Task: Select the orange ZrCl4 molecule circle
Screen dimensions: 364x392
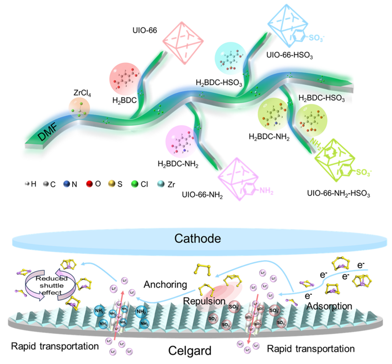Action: point(80,108)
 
